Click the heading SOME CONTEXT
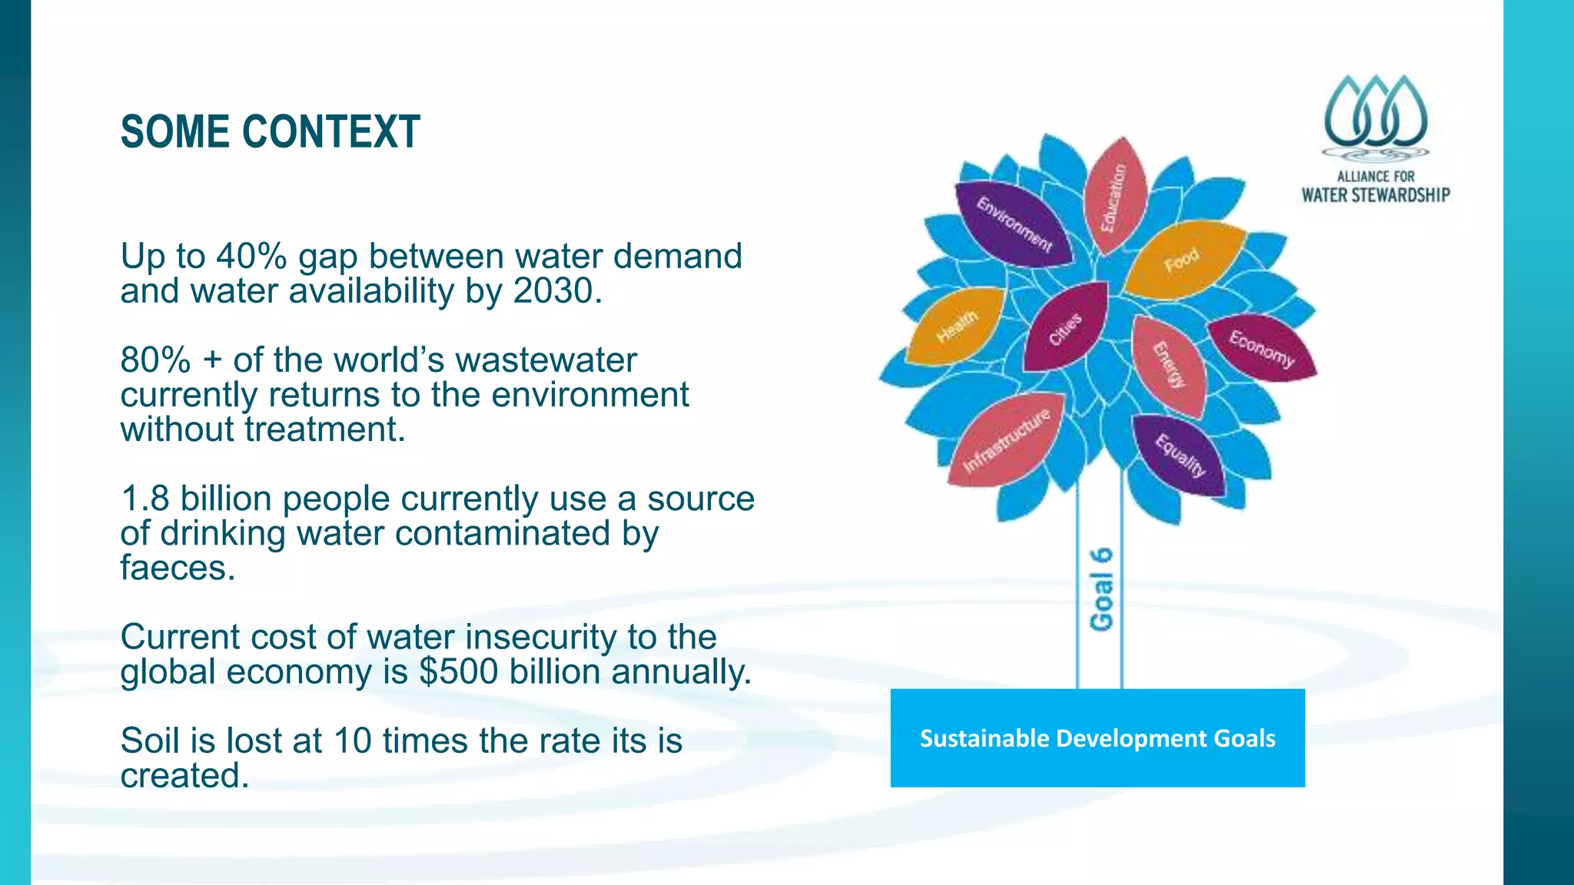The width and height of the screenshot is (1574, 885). point(270,132)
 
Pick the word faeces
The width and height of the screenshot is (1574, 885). point(178,568)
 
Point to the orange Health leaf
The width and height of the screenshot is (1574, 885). point(956,326)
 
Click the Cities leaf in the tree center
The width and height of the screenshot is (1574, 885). point(1066,328)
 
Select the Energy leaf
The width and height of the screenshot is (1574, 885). point(1169,365)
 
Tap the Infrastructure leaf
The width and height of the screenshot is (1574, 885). point(1006,440)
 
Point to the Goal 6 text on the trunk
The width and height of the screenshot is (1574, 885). point(1101,589)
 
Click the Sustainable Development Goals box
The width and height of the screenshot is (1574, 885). point(1097,738)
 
